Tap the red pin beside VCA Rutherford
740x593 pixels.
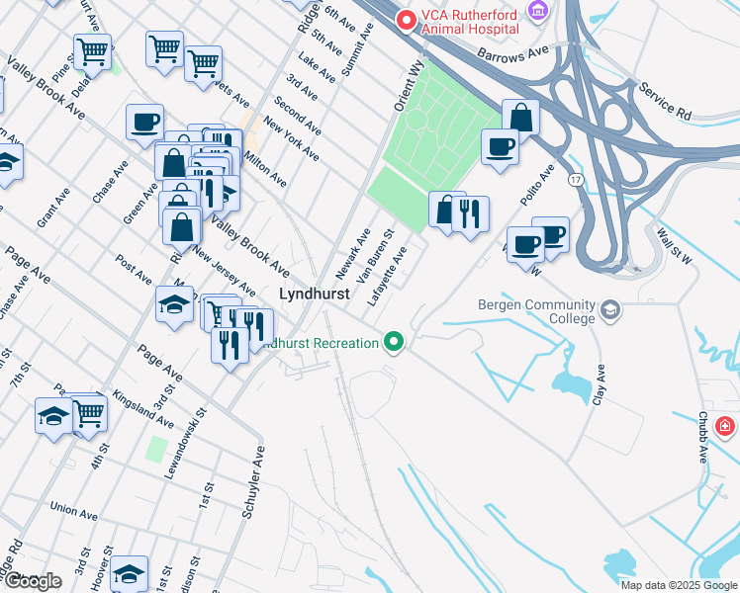coord(406,19)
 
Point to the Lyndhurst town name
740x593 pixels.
coord(315,294)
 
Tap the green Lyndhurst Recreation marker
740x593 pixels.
coord(395,343)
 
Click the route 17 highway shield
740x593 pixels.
coord(575,180)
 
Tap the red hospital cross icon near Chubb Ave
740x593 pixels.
coord(725,426)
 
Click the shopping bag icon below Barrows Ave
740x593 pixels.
coord(520,118)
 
